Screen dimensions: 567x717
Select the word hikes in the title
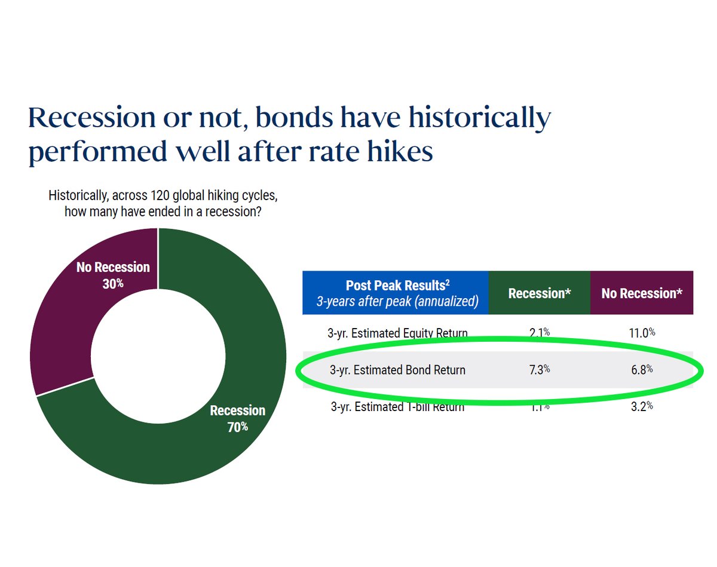click(x=397, y=152)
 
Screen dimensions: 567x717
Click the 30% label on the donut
click(x=112, y=283)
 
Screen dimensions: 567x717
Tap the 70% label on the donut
click(x=237, y=427)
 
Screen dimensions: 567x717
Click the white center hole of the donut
click(x=157, y=356)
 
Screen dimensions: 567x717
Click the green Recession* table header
click(x=539, y=293)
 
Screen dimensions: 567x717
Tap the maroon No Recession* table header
click(x=642, y=293)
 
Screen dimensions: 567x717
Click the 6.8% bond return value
click(x=642, y=370)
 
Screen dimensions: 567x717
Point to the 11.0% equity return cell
click(x=642, y=333)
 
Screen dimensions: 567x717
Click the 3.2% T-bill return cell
click(x=642, y=407)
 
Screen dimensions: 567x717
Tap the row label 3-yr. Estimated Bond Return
click(x=397, y=370)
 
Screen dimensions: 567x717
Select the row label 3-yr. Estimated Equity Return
click(x=397, y=333)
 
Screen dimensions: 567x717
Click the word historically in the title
click(x=482, y=118)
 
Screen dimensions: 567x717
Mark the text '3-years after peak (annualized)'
click(x=397, y=301)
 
